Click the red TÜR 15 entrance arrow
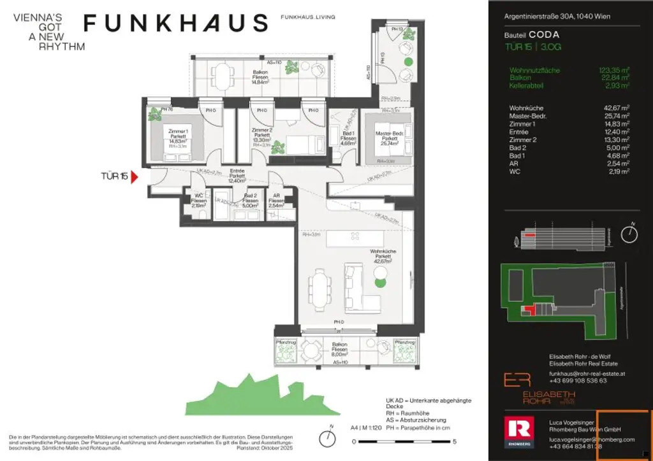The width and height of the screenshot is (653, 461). [134, 177]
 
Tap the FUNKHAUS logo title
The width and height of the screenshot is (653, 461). [176, 24]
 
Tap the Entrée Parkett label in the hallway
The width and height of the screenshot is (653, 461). [237, 176]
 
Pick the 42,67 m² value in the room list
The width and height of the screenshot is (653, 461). [615, 108]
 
